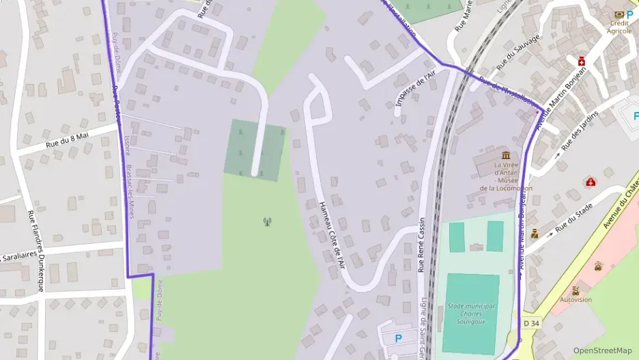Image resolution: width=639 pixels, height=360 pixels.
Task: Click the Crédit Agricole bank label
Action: pyautogui.click(x=619, y=27)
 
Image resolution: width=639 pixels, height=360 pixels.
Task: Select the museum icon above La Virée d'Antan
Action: pyautogui.click(x=506, y=155)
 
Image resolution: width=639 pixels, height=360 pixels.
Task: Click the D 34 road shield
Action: pyautogui.click(x=532, y=322)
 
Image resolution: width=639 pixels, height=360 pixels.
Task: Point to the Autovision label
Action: pyautogui.click(x=576, y=299)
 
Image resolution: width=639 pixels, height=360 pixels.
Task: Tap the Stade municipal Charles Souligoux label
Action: pyautogui.click(x=470, y=313)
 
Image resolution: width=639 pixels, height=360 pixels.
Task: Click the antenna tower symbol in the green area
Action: pyautogui.click(x=267, y=221)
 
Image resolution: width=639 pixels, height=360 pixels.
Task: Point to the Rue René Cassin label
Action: pyautogui.click(x=421, y=245)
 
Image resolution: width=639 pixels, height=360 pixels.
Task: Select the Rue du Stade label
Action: pyautogui.click(x=573, y=221)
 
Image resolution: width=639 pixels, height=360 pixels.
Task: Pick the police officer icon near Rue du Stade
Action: pyautogui.click(x=535, y=234)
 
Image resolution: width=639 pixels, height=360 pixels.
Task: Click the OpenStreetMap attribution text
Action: pyautogui.click(x=601, y=350)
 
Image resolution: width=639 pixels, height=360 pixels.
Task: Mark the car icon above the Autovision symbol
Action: pyautogui.click(x=599, y=266)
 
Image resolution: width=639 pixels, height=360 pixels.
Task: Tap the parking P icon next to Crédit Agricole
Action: pyautogui.click(x=629, y=14)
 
